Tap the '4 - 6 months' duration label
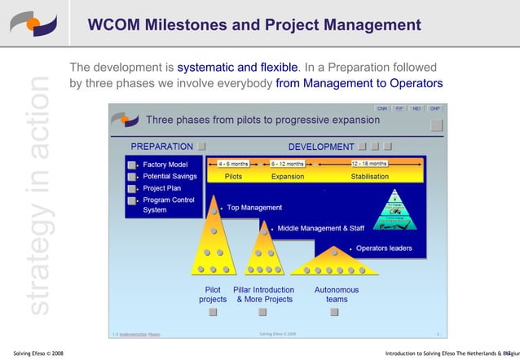pyautogui.click(x=233, y=163)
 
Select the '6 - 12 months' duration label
pyautogui.click(x=288, y=163)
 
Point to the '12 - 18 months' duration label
pyautogui.click(x=369, y=163)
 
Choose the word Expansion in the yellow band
pyautogui.click(x=288, y=176)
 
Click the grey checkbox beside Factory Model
pyautogui.click(x=132, y=165)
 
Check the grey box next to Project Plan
pyautogui.click(x=132, y=188)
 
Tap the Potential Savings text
pyautogui.click(x=170, y=177)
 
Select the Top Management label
pyautogui.click(x=254, y=208)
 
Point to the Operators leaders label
pyautogui.click(x=384, y=248)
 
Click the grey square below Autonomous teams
pyautogui.click(x=336, y=312)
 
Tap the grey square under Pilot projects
pyautogui.click(x=213, y=312)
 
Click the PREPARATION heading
pyautogui.click(x=162, y=147)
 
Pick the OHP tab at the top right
pyautogui.click(x=435, y=108)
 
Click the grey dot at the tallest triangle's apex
pyautogui.click(x=214, y=210)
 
